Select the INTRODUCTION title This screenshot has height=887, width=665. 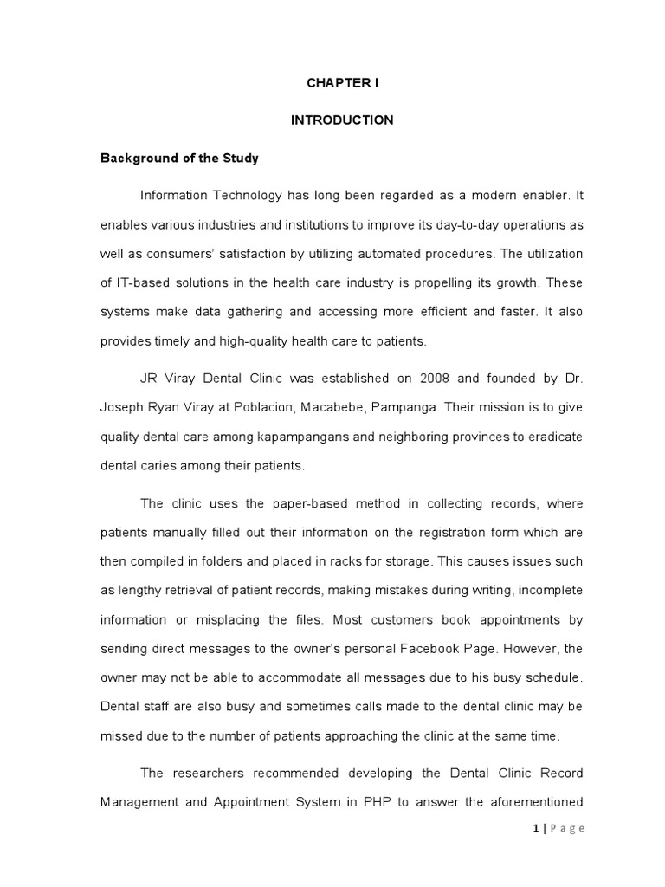pos(341,120)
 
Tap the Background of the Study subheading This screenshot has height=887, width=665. pos(180,159)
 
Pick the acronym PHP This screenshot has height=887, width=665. pos(373,801)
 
